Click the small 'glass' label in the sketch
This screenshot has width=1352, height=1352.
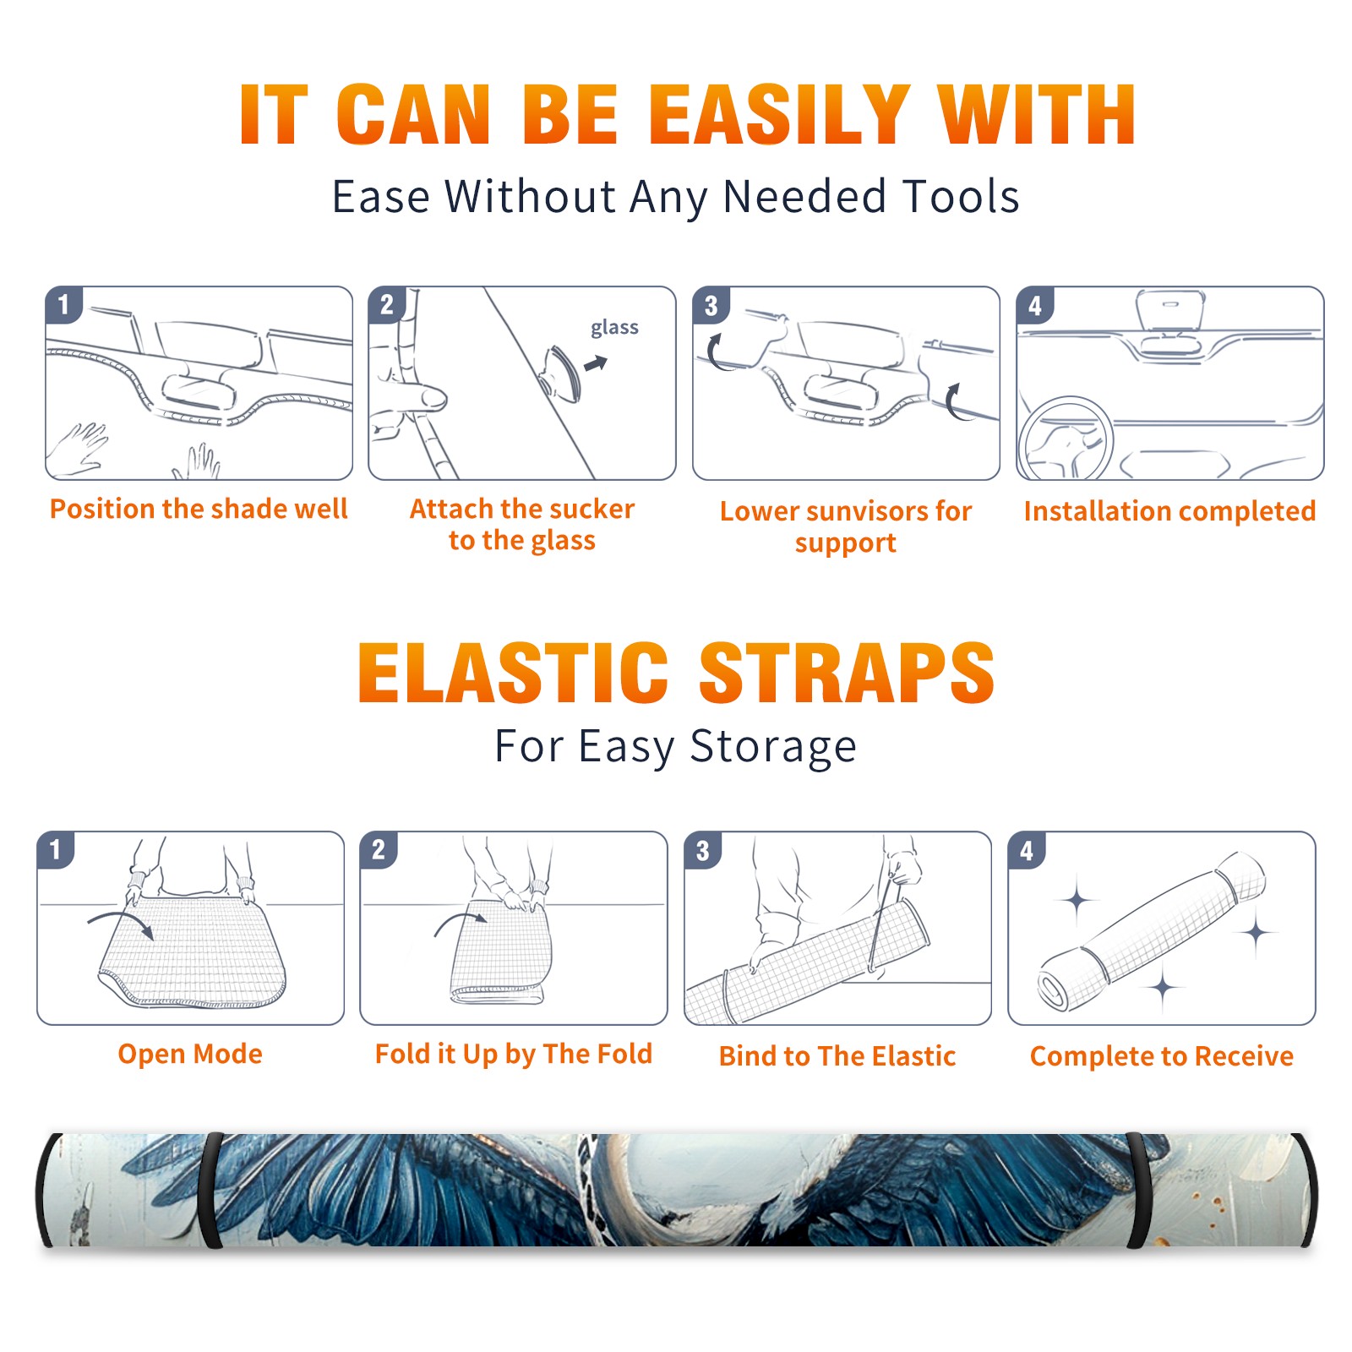pos(614,328)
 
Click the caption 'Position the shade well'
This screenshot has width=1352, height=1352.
pos(199,509)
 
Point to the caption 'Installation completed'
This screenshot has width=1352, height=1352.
pos(1169,510)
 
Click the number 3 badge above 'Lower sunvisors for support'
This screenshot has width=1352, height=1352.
pos(711,305)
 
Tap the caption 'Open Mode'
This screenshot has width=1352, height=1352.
pos(190,1054)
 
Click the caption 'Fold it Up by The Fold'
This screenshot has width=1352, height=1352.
pos(514,1054)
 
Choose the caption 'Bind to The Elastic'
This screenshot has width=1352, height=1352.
pos(837,1056)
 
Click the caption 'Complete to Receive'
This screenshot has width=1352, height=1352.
pos(1162,1056)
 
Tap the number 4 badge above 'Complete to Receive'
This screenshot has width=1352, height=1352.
pos(1027,850)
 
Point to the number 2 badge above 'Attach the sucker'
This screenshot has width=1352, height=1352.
pos(387,305)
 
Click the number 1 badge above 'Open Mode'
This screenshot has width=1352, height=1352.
pos(56,850)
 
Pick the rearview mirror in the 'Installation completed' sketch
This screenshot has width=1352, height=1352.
pos(1170,311)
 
